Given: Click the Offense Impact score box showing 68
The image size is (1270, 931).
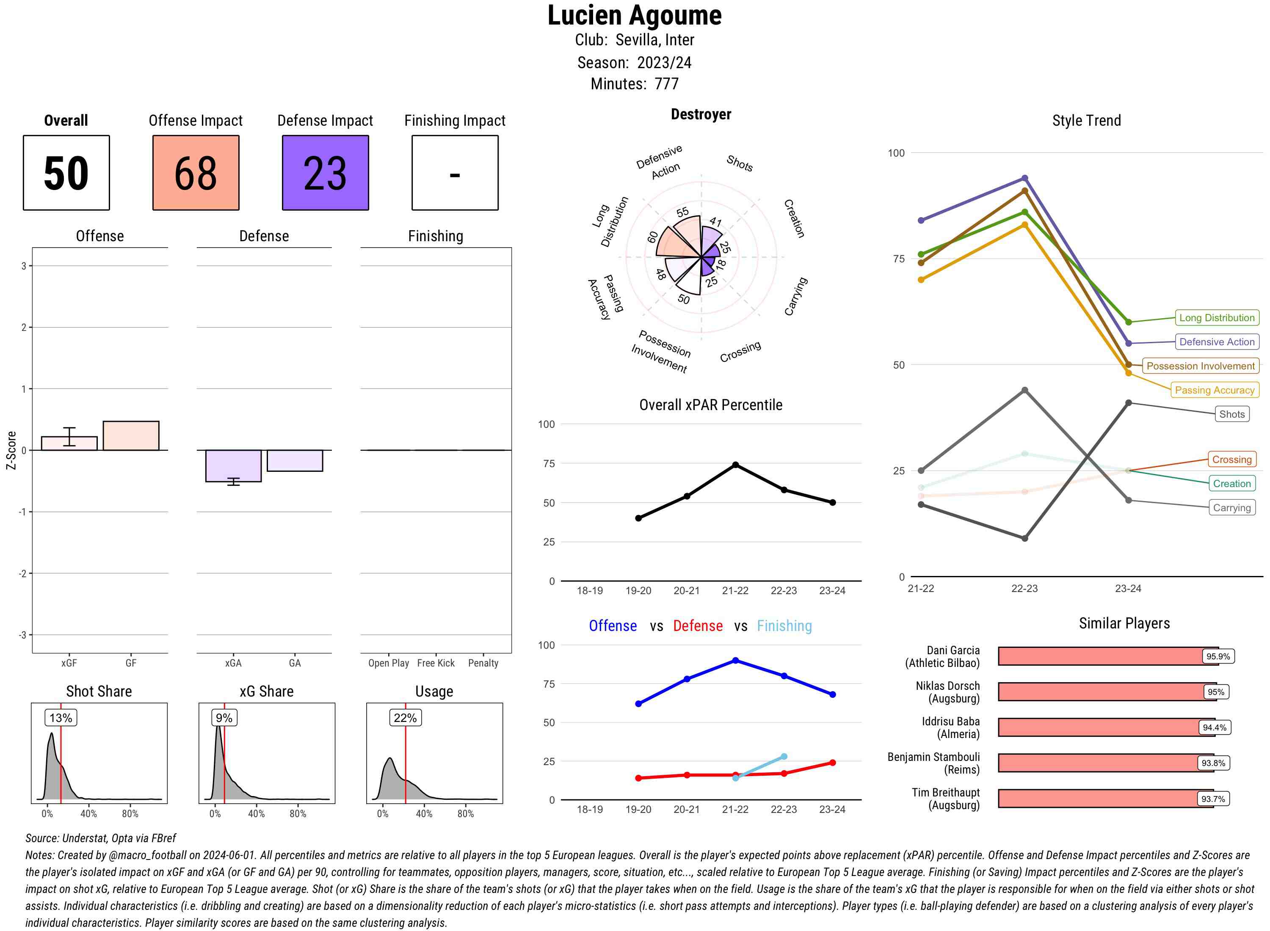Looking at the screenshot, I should (196, 173).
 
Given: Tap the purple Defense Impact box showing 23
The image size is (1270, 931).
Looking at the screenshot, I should (325, 173).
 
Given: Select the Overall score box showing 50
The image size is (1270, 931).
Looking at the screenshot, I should (66, 173).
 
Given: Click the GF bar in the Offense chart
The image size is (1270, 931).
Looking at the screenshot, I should (131, 435).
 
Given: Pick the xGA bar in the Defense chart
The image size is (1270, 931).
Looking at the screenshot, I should (233, 465).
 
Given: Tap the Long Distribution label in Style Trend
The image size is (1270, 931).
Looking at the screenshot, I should (1217, 318).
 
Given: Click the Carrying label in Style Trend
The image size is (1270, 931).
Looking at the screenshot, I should (1231, 508).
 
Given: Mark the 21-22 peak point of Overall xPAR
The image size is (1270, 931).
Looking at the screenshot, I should (735, 465).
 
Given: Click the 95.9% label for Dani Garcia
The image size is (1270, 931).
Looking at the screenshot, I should (1218, 656).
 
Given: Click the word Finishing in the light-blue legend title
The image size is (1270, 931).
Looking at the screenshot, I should (784, 626).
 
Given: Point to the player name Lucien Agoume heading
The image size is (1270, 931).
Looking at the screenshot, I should (634, 16).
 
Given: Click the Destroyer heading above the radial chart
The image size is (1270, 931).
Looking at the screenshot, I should (701, 114).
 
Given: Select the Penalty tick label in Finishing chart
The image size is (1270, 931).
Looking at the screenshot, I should (483, 663).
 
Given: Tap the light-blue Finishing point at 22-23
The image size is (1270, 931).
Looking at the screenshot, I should (784, 757).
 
